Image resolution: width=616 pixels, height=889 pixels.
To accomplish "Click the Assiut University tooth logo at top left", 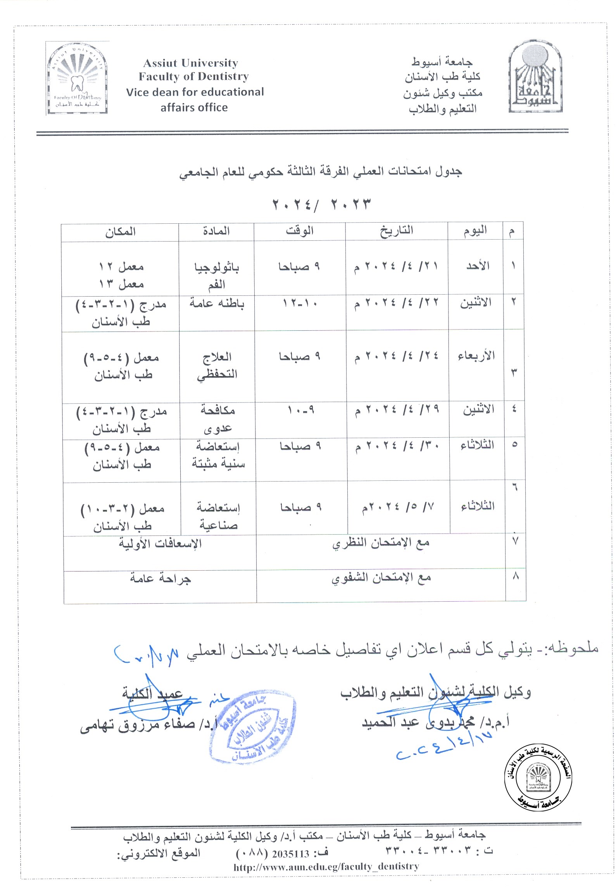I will [x=77, y=78].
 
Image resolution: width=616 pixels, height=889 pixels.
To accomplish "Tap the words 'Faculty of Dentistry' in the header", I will [x=193, y=76].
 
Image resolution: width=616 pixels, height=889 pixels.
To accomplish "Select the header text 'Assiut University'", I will [x=190, y=63].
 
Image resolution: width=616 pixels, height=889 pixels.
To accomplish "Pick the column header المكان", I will [x=120, y=232].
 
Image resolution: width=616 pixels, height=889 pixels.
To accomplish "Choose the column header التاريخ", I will [x=396, y=231].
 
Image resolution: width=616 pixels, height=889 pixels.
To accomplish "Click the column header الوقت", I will [x=299, y=231].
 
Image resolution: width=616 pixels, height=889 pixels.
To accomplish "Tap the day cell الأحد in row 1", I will [x=478, y=266].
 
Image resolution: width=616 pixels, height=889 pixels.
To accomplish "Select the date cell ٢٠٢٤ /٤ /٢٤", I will [x=396, y=356].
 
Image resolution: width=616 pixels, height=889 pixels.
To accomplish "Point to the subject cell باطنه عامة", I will [x=217, y=304].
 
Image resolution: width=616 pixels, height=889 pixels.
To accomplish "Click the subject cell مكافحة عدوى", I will [x=217, y=419].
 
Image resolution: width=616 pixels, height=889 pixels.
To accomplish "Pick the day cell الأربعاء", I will [x=476, y=356].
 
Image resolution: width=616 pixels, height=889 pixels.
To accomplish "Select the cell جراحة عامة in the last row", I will [x=160, y=579].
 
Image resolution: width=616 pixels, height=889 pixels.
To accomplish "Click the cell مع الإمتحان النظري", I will [x=381, y=544].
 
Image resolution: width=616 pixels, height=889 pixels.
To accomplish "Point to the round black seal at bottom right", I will [x=538, y=777].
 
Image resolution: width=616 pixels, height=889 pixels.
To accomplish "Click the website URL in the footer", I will [x=326, y=867].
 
